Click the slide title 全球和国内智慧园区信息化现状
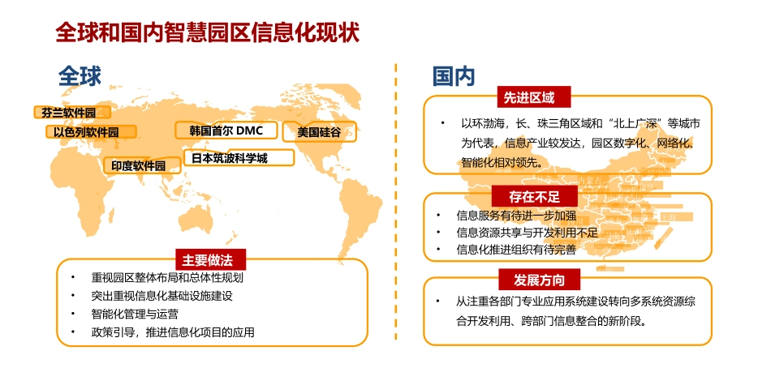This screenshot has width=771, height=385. [207, 32]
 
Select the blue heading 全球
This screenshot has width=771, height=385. [80, 77]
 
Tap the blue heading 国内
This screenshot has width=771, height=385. [453, 77]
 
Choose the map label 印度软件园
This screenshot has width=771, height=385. [138, 165]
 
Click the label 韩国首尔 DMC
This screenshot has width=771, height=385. [226, 130]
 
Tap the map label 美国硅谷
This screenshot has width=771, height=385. [319, 131]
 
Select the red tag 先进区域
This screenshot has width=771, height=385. [529, 97]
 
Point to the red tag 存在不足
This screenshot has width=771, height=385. [532, 196]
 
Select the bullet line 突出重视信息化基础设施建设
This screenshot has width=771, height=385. [162, 296]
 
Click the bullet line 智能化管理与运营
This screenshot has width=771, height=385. [135, 314]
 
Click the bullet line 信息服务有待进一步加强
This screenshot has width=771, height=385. [516, 216]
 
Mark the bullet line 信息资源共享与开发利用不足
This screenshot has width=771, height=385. [527, 233]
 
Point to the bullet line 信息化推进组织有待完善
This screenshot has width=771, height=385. [516, 250]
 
